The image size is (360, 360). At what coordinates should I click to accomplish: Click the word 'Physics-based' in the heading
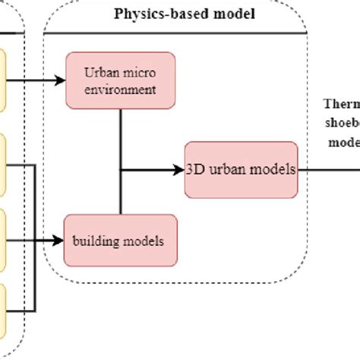click(x=159, y=14)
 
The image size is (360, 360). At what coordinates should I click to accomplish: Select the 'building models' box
click(x=121, y=241)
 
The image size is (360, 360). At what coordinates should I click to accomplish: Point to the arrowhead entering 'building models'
click(x=58, y=241)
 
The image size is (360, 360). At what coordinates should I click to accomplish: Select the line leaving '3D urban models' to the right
click(x=328, y=169)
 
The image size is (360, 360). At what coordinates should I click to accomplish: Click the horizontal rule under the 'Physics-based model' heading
click(x=175, y=33)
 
